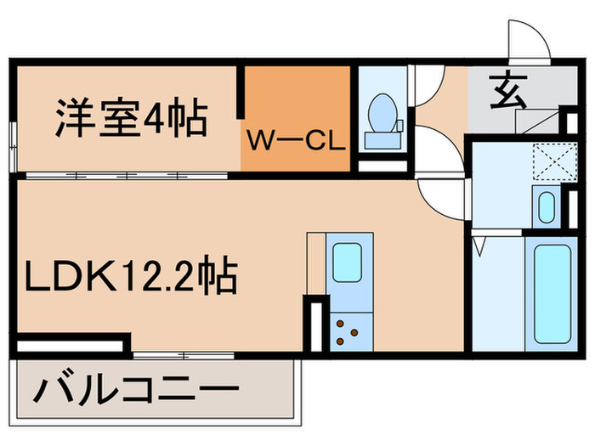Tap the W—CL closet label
coord(295,140)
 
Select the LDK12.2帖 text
coord(129,276)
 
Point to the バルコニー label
coord(135,392)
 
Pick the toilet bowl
coord(379,111)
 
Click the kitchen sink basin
coord(348,263)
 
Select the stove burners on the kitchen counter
coord(348,331)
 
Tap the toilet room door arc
coord(428,89)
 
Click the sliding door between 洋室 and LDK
coord(127,176)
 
